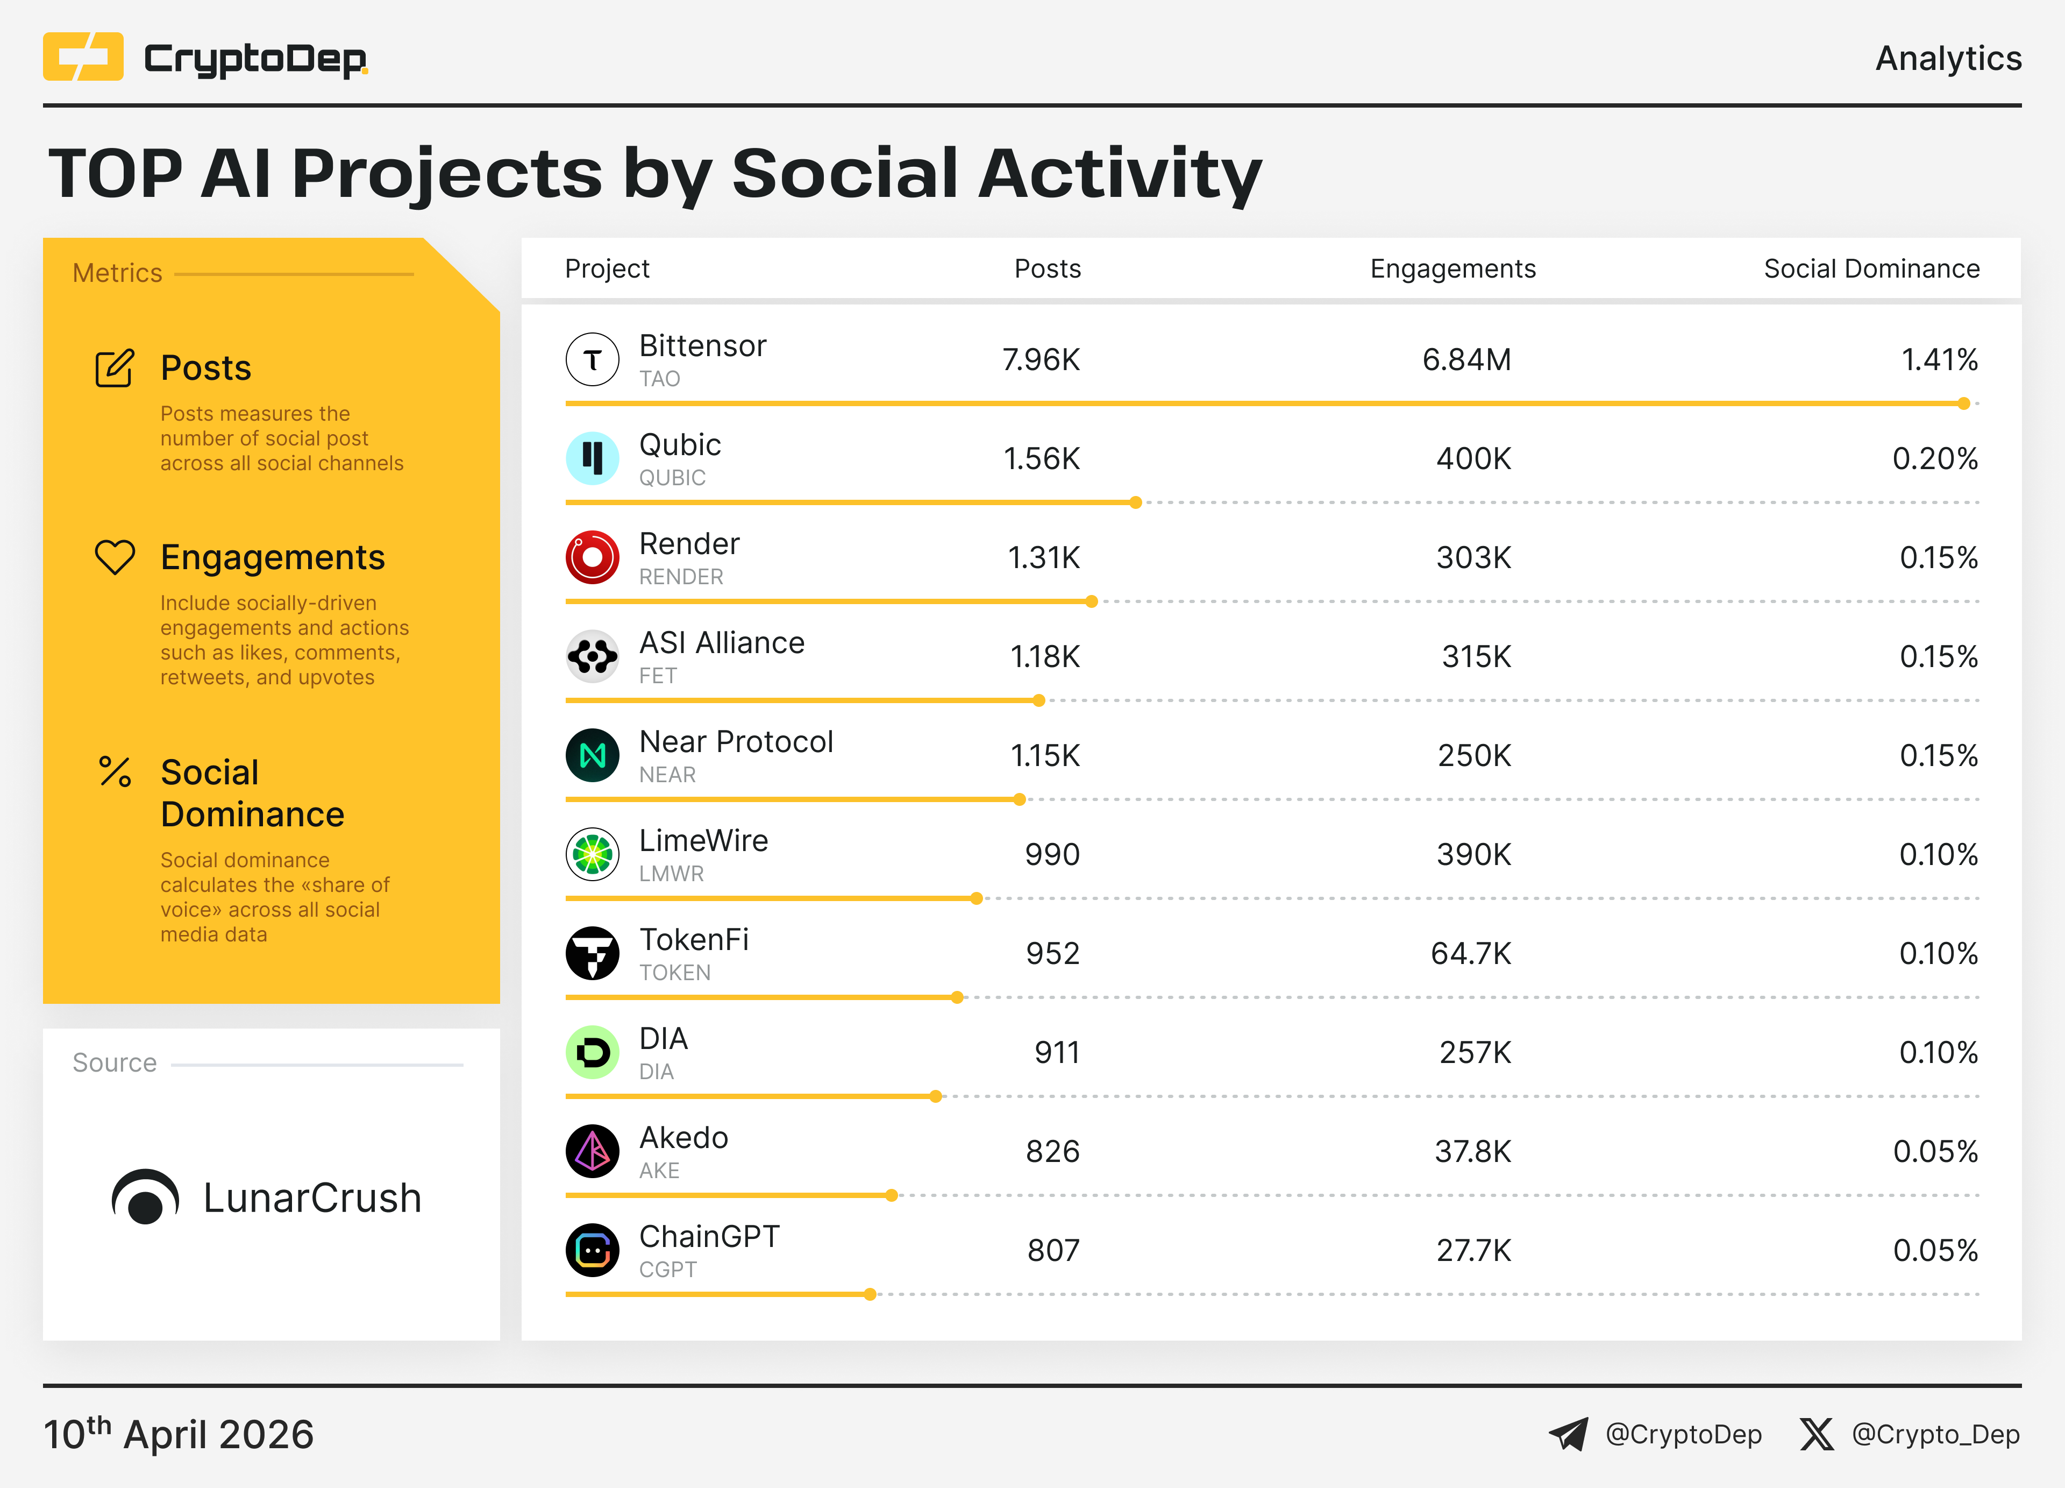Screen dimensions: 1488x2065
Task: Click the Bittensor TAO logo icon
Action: click(x=592, y=360)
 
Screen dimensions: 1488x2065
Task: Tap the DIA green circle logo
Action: click(x=592, y=1053)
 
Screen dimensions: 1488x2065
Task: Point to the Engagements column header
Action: click(x=1452, y=268)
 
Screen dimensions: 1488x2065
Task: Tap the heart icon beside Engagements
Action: click(x=115, y=557)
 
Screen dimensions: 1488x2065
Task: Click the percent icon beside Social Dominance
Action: click(x=115, y=772)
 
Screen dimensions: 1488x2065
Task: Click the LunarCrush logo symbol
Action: click(x=145, y=1198)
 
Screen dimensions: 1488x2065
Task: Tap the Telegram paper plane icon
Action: click(x=1568, y=1434)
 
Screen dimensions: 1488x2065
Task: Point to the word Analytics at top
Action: click(x=1948, y=58)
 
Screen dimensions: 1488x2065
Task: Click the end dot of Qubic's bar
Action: click(x=1135, y=502)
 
